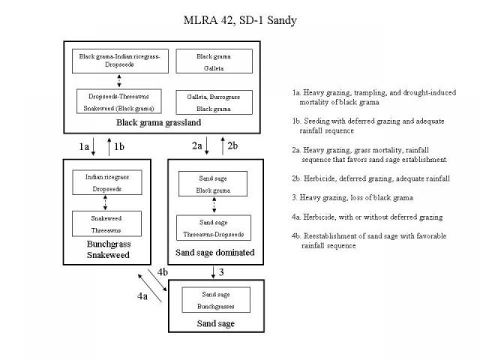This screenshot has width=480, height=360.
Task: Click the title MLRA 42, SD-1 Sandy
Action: (239, 20)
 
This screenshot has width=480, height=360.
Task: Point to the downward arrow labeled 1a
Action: (94, 146)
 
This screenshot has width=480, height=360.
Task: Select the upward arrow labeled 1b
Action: (109, 146)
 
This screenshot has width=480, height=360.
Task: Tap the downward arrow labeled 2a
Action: (206, 146)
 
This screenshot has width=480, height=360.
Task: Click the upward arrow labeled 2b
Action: (223, 146)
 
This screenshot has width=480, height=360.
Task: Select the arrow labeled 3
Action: (214, 273)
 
